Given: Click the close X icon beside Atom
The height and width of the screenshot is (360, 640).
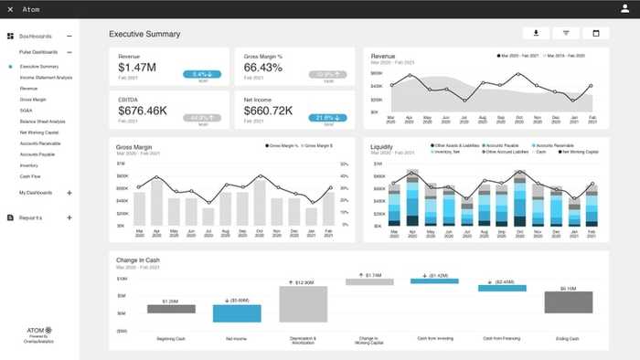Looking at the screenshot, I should pos(10,9).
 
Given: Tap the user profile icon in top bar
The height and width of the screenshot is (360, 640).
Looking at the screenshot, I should pos(625,9).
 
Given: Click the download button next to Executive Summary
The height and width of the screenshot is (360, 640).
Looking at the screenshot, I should pos(535,34).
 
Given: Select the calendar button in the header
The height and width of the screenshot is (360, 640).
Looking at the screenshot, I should pos(595,34).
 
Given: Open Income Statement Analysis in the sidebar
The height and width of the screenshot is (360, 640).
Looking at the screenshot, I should pos(46,78).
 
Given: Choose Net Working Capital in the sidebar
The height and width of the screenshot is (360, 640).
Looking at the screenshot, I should pos(38,132).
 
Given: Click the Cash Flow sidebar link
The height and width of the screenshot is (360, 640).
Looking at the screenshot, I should pos(29,176).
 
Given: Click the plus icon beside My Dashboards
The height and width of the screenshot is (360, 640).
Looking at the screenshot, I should pos(69,193).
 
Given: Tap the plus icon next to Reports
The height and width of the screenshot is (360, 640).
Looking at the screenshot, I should pos(69,217).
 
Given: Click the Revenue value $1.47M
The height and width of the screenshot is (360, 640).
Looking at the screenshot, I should pos(138,69).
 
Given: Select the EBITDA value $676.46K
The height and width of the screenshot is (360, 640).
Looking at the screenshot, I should pos(143,111).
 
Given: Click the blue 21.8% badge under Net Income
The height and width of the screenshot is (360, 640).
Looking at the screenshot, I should pos(328,118).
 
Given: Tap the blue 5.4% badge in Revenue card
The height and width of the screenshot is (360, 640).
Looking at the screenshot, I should pos(199,75).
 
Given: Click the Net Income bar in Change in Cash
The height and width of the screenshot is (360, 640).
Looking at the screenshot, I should pos(230,312).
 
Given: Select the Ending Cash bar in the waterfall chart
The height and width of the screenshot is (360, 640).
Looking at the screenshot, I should pos(568,302).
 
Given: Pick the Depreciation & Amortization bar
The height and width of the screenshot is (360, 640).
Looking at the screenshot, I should pos(303,302).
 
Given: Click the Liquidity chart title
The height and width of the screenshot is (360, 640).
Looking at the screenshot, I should pos(381,146).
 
